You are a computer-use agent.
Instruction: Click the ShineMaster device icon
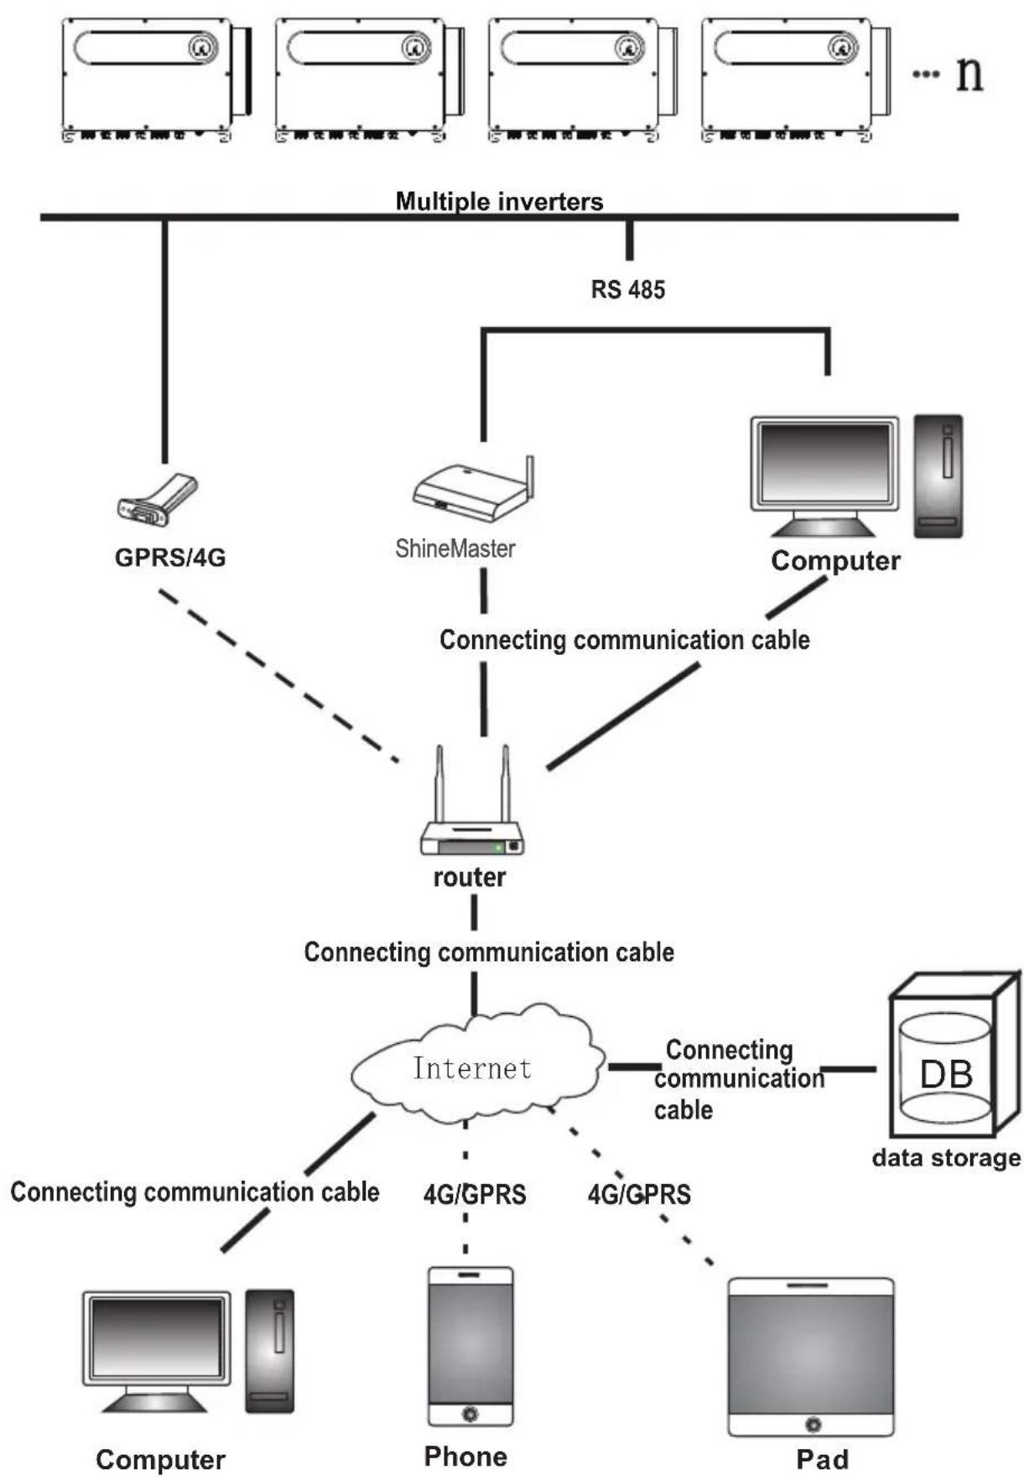click(x=473, y=490)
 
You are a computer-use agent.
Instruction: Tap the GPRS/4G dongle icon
click(x=157, y=501)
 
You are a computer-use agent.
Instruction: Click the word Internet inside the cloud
click(x=472, y=1067)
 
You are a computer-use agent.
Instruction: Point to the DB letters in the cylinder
click(x=946, y=1074)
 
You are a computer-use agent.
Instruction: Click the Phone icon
click(x=470, y=1345)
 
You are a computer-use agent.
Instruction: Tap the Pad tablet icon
click(x=811, y=1357)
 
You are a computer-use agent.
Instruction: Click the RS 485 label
click(x=628, y=289)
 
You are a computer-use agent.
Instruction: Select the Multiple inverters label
click(x=499, y=201)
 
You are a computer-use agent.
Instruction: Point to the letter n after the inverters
click(x=969, y=74)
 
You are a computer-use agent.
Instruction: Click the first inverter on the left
click(x=157, y=79)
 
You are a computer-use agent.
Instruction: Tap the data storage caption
click(x=946, y=1158)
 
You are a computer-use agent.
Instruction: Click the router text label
click(x=470, y=877)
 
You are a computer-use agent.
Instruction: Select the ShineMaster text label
click(x=455, y=548)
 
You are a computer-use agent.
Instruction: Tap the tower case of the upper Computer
click(x=938, y=475)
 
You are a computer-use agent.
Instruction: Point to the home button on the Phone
click(x=470, y=1414)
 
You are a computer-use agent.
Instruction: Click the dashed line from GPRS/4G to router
click(x=279, y=676)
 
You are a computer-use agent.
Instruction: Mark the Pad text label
click(x=822, y=1459)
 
